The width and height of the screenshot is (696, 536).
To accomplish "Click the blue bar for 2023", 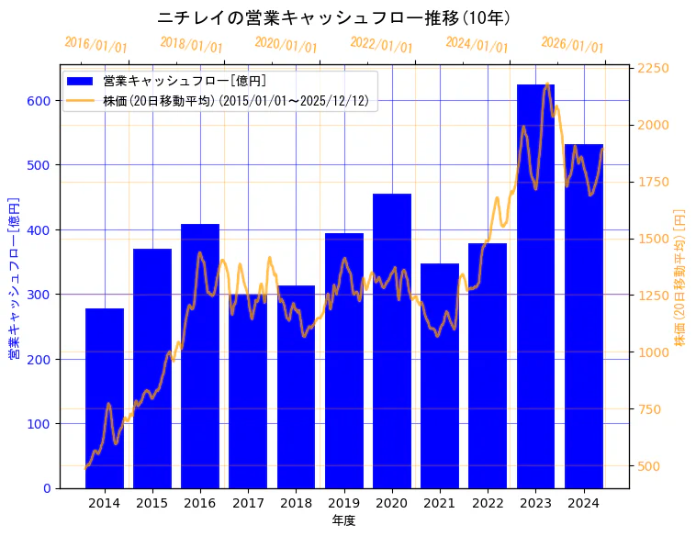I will pyautogui.click(x=535, y=294).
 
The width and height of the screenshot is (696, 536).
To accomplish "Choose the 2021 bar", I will pyautogui.click(x=440, y=385).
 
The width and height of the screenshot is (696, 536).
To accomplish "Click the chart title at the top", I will pyautogui.click(x=333, y=18).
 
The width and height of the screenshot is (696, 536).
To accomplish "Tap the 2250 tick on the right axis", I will pyautogui.click(x=654, y=69).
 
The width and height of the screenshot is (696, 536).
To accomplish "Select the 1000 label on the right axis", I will pyautogui.click(x=654, y=352).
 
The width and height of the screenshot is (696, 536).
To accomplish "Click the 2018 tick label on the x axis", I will pyautogui.click(x=296, y=503).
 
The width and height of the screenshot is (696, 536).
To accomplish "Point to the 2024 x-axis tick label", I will pyautogui.click(x=583, y=503).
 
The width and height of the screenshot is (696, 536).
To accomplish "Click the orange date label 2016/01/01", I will pyautogui.click(x=95, y=45).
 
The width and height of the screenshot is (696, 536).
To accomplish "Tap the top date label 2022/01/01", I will pyautogui.click(x=381, y=45).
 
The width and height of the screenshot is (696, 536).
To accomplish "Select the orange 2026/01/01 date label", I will pyautogui.click(x=572, y=45).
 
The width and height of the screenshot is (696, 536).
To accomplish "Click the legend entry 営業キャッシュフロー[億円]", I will pyautogui.click(x=185, y=81).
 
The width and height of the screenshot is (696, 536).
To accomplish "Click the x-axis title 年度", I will pyautogui.click(x=343, y=520).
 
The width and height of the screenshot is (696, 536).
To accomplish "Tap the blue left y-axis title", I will pyautogui.click(x=14, y=277).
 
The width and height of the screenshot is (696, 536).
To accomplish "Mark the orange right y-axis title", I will pyautogui.click(x=680, y=277).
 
